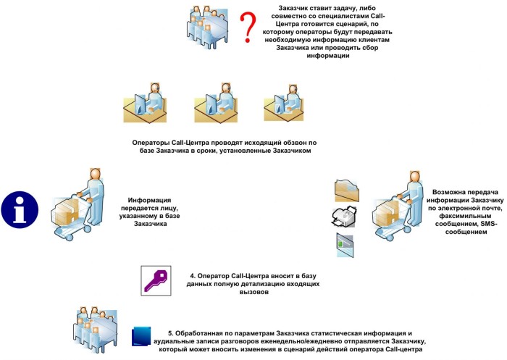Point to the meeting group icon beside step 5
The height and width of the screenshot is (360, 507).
point(96,330)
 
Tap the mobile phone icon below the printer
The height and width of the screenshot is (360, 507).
point(344,244)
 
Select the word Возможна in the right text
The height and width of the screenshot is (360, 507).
point(442,185)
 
